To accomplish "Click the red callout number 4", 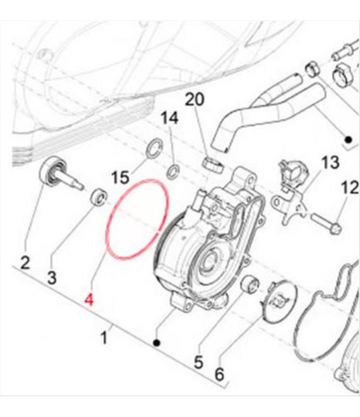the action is (x=89, y=300).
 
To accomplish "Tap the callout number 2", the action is (x=25, y=263).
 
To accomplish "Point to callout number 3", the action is (x=52, y=277).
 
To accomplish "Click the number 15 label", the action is (x=120, y=177).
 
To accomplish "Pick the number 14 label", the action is (x=170, y=118).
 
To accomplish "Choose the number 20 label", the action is (x=195, y=99).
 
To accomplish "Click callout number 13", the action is (x=330, y=162).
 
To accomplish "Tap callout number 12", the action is (x=350, y=188).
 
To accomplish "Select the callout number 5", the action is (x=198, y=361).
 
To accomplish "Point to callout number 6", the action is (x=219, y=375).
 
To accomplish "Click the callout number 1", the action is (x=104, y=338).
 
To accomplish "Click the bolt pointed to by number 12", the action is (x=327, y=224).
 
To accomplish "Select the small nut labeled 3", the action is (x=99, y=196).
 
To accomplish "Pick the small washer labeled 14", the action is (x=173, y=171).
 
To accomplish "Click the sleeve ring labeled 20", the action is (x=213, y=165).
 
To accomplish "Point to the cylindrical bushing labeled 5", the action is (x=249, y=284).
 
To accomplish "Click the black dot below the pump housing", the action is (x=157, y=343).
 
